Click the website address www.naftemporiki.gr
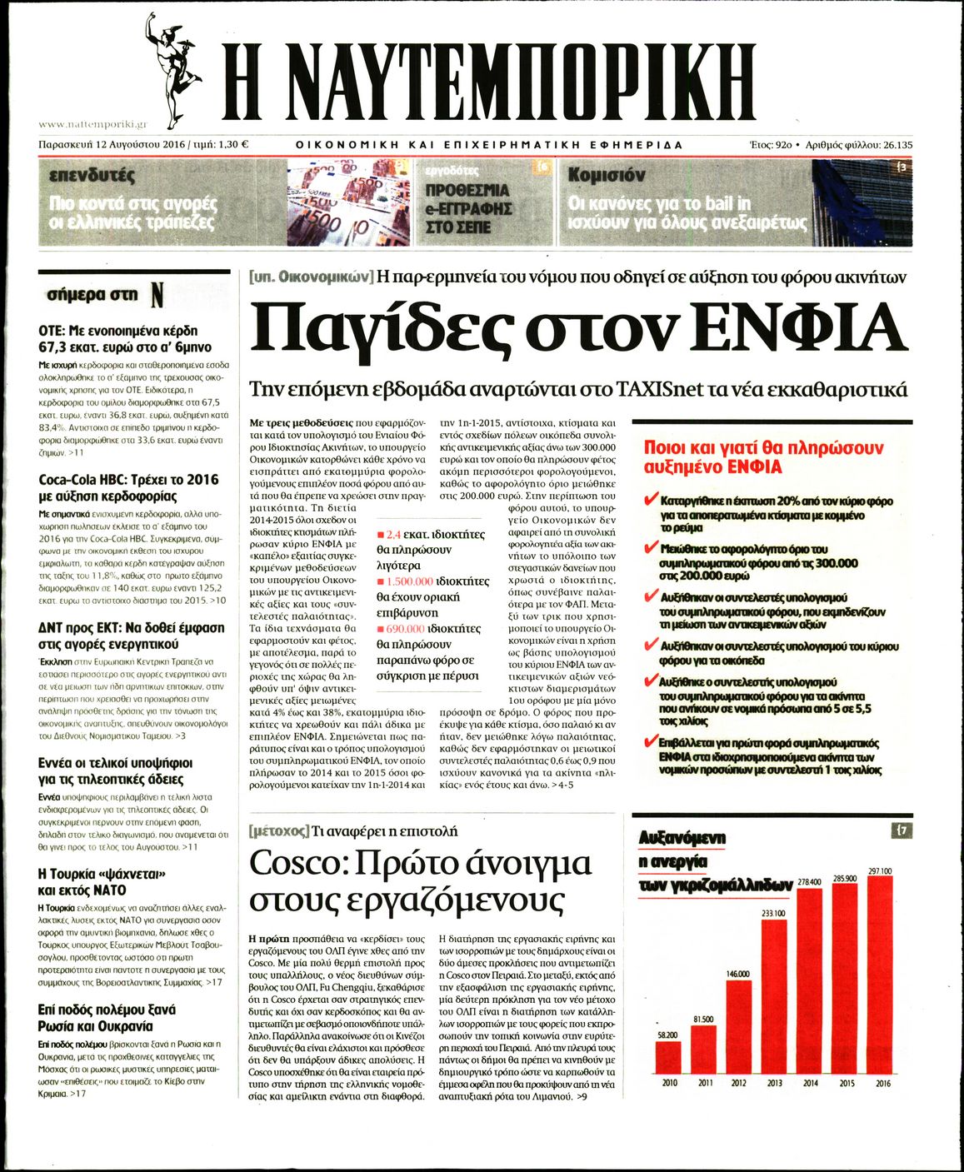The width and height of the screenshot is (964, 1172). (x=92, y=124)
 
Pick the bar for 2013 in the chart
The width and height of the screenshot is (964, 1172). (x=774, y=996)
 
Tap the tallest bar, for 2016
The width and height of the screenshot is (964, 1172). (x=880, y=975)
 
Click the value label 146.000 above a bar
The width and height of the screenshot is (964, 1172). (x=738, y=974)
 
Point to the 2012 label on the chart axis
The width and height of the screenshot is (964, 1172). (x=738, y=1083)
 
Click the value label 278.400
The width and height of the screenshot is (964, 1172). (x=809, y=881)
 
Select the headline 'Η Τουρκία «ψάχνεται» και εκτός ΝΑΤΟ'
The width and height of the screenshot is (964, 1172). (x=103, y=881)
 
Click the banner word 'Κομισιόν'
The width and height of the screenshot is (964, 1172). (x=607, y=175)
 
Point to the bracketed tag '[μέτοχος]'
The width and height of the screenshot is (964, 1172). (x=278, y=830)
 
